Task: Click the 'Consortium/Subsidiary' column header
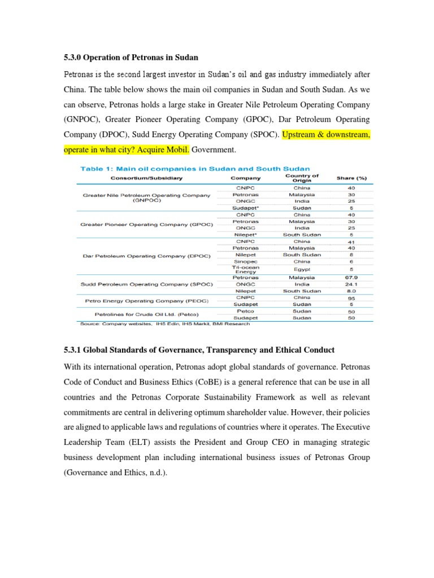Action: coord(146,178)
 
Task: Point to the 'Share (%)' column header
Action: coord(351,178)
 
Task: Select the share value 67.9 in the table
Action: coord(351,278)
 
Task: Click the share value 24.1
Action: coord(351,284)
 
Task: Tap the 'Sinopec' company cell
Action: coord(246,261)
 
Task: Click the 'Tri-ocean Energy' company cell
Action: coord(246,269)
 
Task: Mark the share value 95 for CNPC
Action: coord(351,297)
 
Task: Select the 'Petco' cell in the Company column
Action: coord(246,311)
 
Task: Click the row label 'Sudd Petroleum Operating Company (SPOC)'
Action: coord(146,284)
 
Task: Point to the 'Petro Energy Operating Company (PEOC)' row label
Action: coord(146,301)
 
